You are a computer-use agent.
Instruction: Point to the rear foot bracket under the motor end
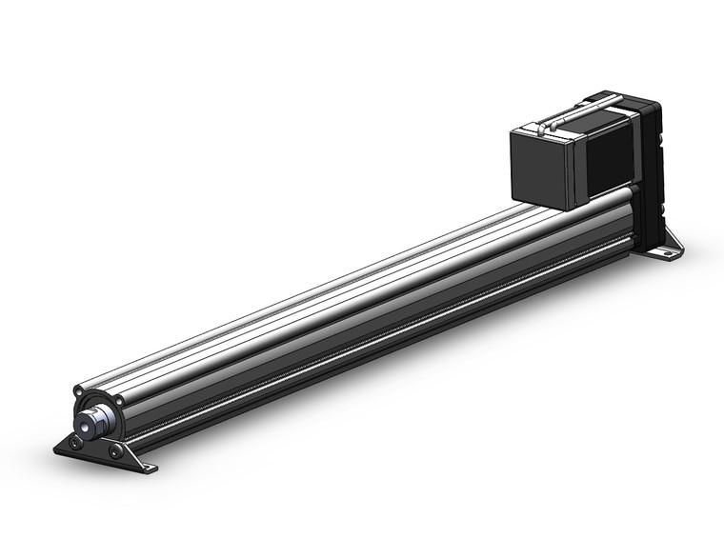[667, 246]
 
